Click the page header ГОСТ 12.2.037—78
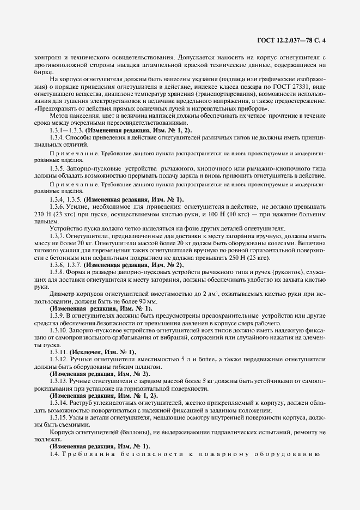pos(294,39)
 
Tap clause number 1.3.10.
pos(59,330)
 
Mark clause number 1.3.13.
pos(59,380)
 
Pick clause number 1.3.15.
pos(59,416)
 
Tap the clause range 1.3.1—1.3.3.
pos(68,131)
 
